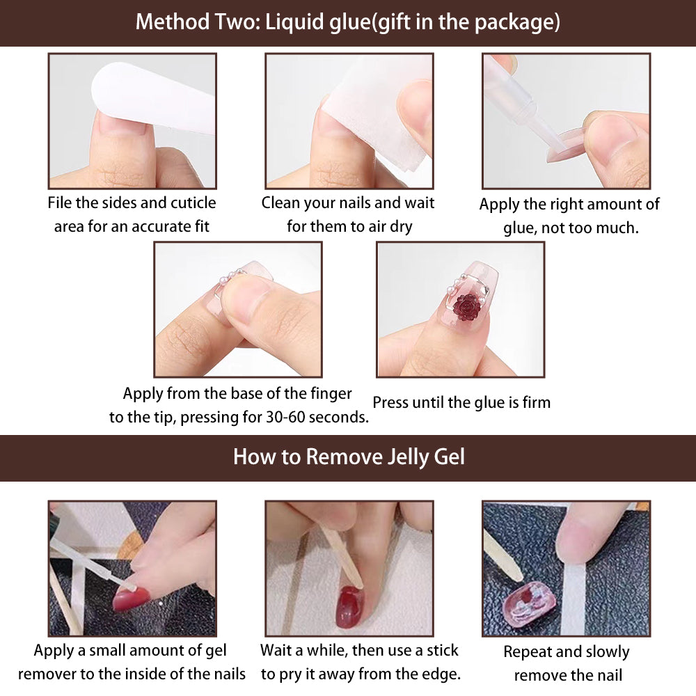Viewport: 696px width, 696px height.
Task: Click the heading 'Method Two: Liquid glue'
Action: (x=347, y=22)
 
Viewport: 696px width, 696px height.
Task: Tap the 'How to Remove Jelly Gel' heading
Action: (x=348, y=457)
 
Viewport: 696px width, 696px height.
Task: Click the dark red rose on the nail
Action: (x=466, y=306)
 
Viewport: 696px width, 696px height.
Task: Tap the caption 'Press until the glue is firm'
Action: (x=461, y=402)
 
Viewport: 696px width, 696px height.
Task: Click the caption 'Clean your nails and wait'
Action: (x=347, y=203)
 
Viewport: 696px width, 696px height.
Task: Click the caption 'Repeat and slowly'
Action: (x=566, y=652)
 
